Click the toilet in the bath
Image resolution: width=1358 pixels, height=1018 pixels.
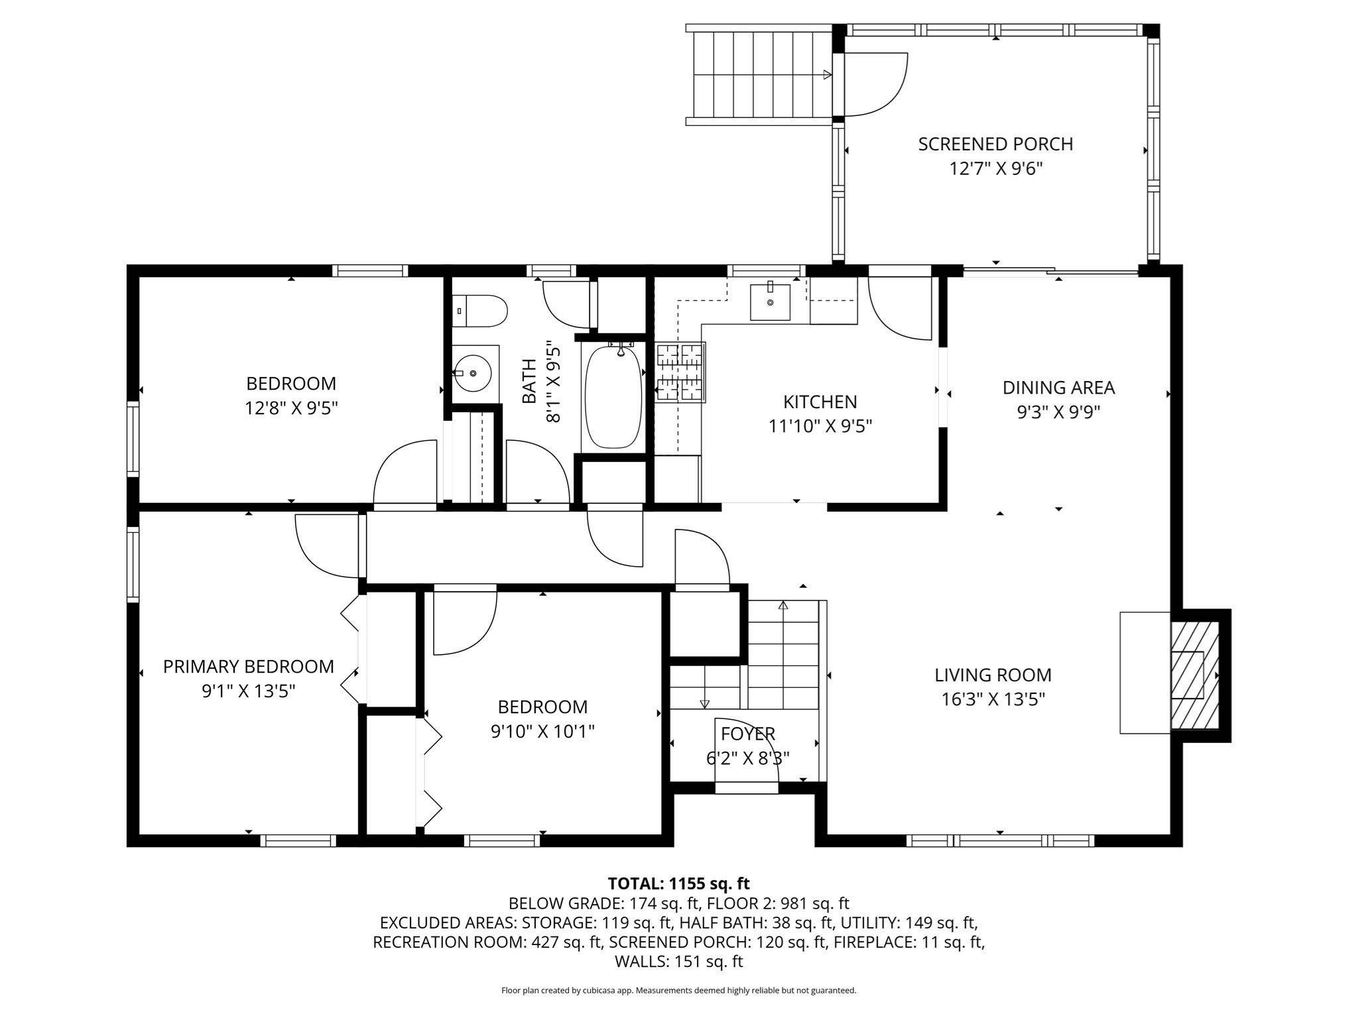click(482, 311)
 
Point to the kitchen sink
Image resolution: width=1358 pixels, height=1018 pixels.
click(770, 302)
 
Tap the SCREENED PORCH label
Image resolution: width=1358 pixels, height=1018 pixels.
click(995, 144)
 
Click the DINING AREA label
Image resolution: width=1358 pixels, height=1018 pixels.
click(1058, 388)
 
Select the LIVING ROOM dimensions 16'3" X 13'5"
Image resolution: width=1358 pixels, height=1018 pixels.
click(993, 700)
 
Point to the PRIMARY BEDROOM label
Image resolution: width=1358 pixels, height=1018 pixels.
click(249, 667)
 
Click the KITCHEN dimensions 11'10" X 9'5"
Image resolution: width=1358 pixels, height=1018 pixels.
click(820, 426)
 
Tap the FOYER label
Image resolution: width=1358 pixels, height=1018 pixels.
click(748, 734)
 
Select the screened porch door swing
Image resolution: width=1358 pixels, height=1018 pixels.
click(875, 84)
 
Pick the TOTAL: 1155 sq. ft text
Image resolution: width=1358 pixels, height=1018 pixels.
click(678, 883)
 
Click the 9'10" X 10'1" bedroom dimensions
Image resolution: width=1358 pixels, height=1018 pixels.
click(542, 732)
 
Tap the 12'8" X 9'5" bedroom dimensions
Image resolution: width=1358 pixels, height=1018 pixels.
click(291, 408)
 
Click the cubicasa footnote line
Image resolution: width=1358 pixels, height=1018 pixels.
click(678, 990)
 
